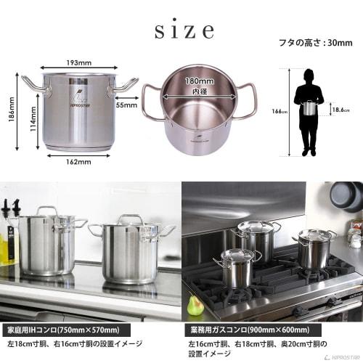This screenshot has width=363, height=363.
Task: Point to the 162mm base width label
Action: click(76, 163)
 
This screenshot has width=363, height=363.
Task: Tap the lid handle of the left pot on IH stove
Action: click(47, 211)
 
